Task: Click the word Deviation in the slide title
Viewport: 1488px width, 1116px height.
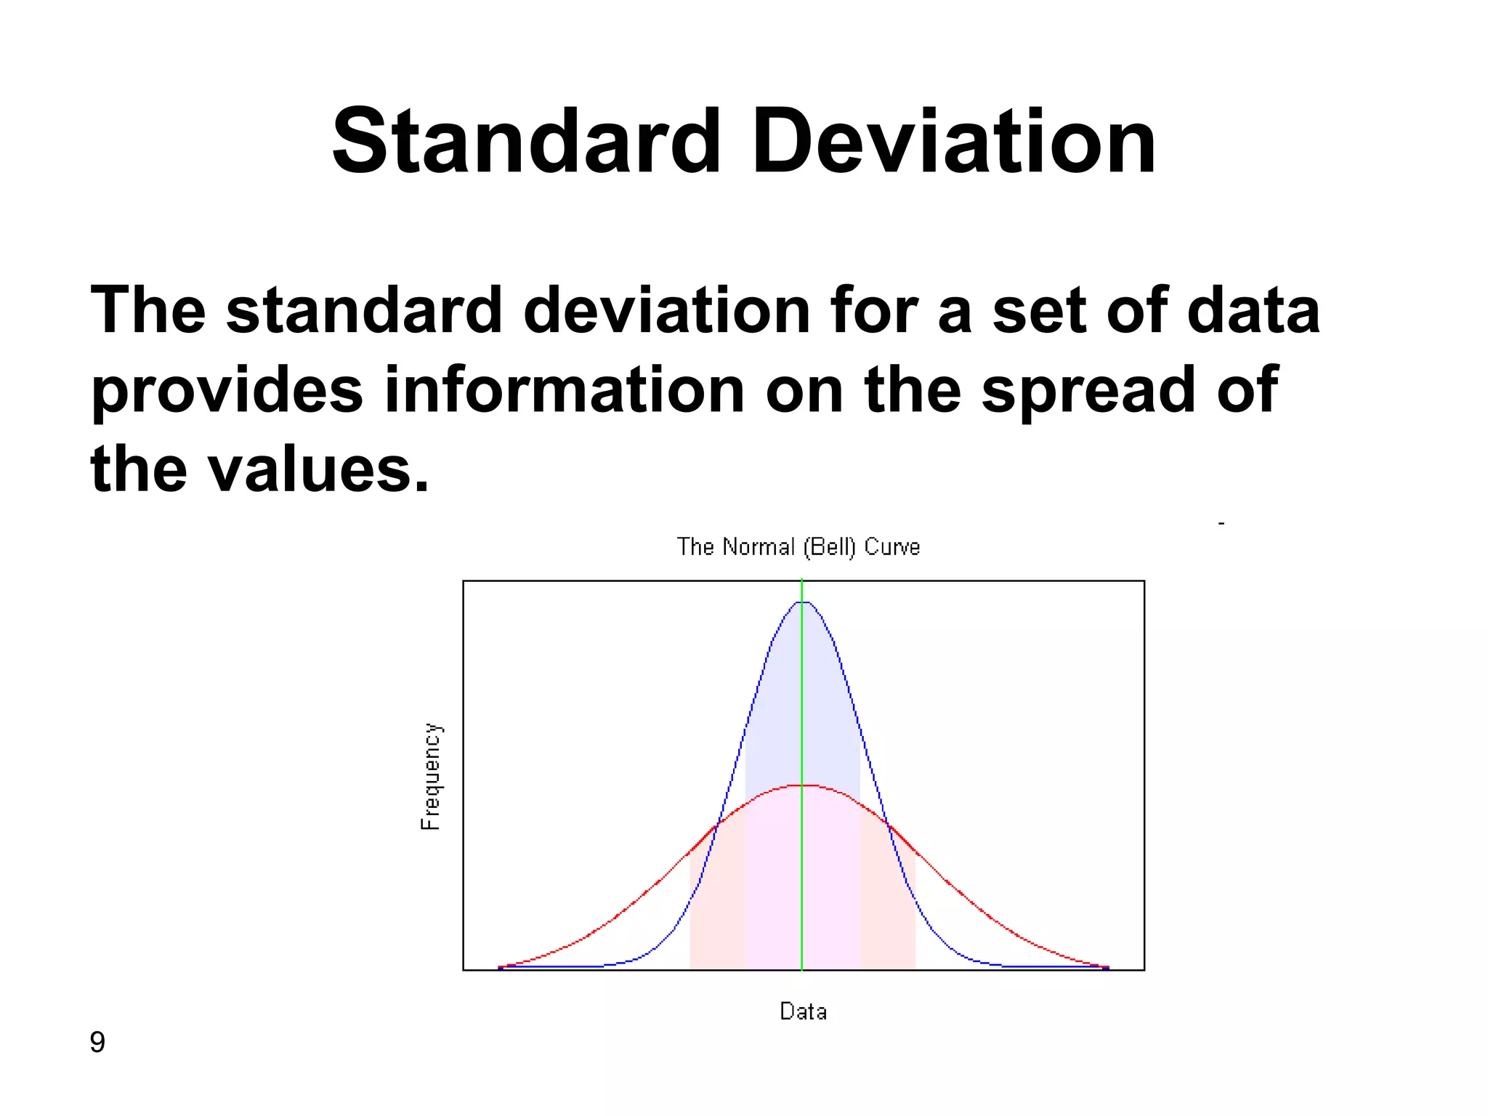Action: point(953,142)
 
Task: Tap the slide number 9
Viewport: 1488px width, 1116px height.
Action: point(97,1043)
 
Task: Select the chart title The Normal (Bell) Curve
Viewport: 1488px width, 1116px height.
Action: point(798,546)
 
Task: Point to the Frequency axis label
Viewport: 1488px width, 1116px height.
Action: point(431,776)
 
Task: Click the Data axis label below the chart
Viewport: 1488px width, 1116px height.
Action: point(803,1011)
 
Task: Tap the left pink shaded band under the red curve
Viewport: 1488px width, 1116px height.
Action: point(718,908)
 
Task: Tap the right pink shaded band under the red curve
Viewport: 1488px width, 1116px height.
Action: point(888,908)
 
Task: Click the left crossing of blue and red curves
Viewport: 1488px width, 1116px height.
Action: point(719,823)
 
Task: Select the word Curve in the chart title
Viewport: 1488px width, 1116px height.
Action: point(892,546)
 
